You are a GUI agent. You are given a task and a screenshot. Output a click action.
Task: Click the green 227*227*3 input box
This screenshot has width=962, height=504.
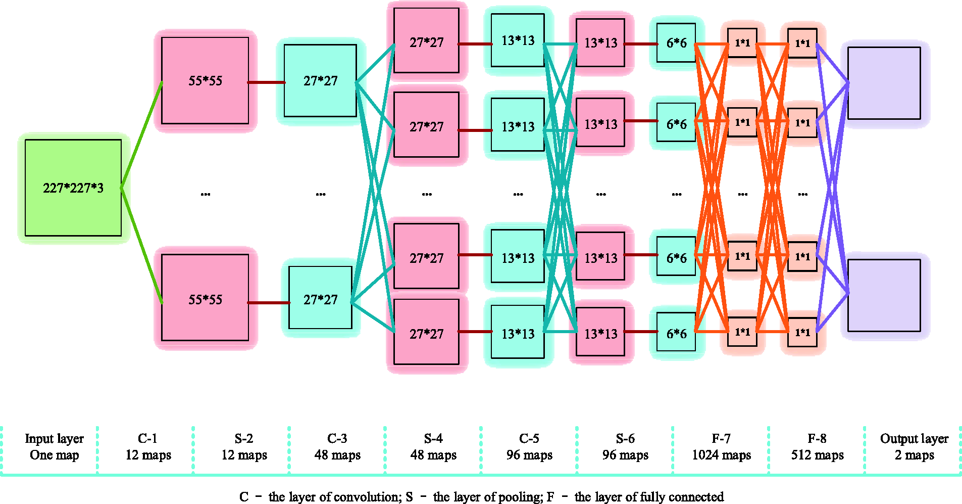coord(73,188)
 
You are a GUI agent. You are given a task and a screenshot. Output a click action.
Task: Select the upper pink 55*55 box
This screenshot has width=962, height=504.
coord(205,80)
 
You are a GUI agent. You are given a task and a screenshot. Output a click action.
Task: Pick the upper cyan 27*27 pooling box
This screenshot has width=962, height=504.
coord(320,80)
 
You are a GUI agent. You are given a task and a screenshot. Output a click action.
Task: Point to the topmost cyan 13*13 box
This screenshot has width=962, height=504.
coord(518,40)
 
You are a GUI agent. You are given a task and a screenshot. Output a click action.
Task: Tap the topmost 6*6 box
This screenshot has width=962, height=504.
coord(676,43)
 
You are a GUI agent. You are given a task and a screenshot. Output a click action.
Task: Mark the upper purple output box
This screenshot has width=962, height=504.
coord(884,83)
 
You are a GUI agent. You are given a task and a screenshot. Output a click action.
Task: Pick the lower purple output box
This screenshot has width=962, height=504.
coord(884,296)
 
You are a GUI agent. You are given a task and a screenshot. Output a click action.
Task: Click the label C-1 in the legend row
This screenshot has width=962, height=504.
coord(147,438)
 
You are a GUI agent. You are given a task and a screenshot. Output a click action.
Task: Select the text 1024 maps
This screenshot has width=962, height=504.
coord(721,455)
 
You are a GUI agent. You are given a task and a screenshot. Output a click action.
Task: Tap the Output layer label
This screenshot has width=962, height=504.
coord(914,438)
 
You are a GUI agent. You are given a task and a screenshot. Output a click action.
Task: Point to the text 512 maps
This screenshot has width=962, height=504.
coord(817,455)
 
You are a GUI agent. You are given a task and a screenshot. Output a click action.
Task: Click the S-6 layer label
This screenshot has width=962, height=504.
coord(625,438)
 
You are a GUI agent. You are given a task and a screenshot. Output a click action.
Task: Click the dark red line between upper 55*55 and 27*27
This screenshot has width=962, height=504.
coord(266,82)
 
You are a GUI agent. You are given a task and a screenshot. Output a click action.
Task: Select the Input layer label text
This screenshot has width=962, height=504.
coord(54,438)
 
